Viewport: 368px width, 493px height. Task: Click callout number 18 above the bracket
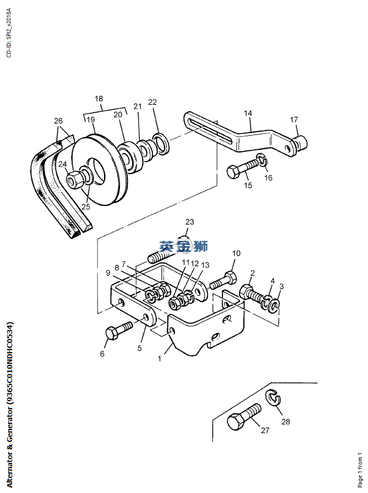point(98,98)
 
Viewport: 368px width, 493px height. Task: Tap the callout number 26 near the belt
point(58,121)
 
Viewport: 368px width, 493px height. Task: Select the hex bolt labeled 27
point(244,417)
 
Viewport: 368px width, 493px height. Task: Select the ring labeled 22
point(161,144)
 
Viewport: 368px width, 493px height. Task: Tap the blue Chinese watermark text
point(183,247)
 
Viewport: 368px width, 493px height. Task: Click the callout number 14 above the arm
point(248,113)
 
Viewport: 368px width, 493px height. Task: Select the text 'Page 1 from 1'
point(360,470)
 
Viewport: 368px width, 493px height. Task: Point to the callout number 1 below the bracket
point(159,359)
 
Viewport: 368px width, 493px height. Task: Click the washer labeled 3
point(274,305)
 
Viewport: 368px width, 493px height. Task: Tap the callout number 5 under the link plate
point(140,348)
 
